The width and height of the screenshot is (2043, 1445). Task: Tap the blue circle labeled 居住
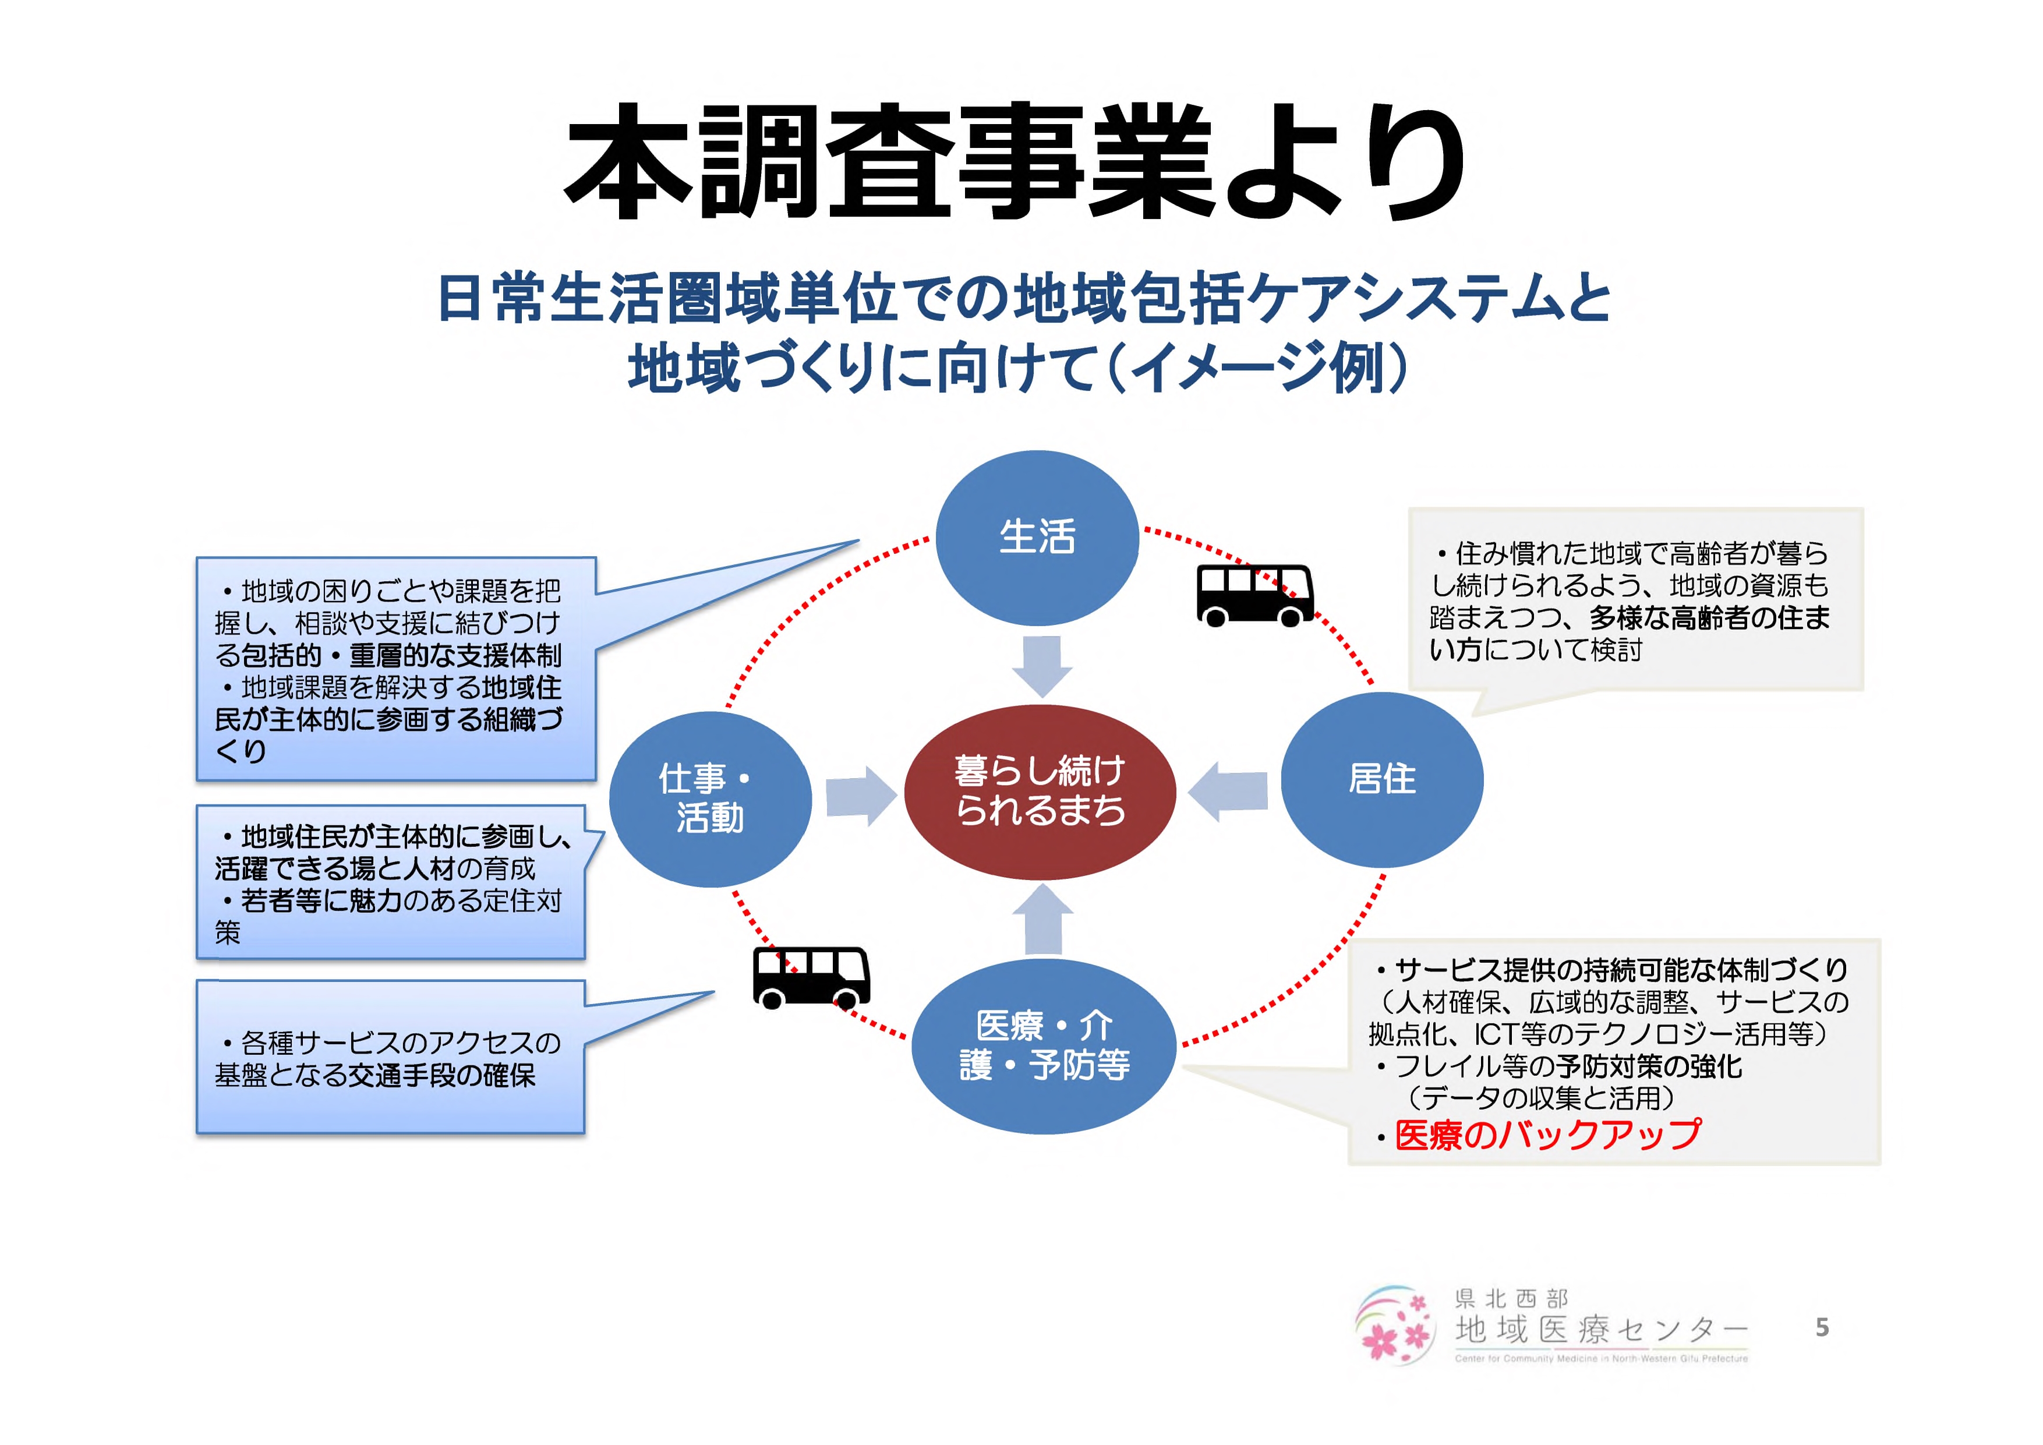click(x=1382, y=779)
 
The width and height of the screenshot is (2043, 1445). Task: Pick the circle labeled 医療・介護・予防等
click(x=1044, y=1045)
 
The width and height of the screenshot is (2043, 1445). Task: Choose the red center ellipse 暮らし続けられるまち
click(x=1040, y=792)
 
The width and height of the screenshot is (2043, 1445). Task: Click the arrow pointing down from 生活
click(x=1042, y=666)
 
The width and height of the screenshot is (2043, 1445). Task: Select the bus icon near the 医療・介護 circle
click(x=811, y=977)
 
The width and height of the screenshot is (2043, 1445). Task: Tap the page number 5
click(x=1822, y=1327)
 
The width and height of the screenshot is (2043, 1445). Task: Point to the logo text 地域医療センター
click(x=1601, y=1329)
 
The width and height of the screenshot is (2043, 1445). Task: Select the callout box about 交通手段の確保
click(x=390, y=1058)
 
